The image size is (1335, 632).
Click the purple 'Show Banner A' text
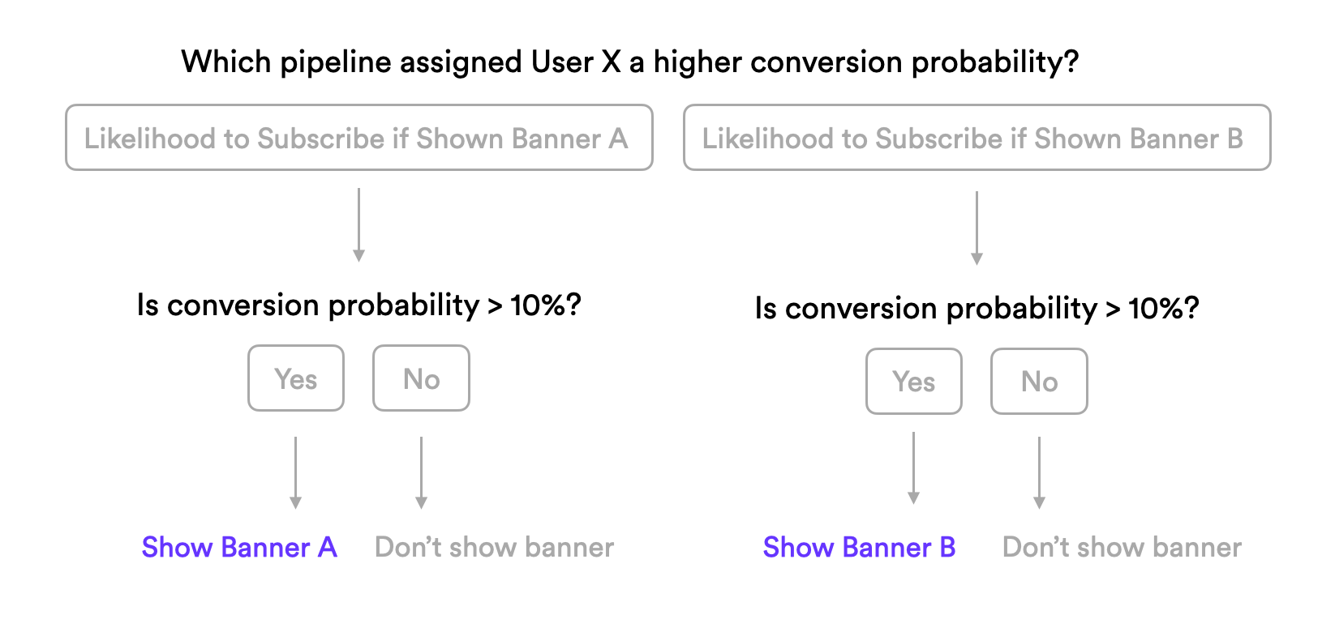coord(239,547)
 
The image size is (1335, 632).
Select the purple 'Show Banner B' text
coord(860,547)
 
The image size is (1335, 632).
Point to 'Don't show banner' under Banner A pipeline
coord(494,547)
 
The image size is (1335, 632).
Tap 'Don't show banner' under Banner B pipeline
coord(1123,547)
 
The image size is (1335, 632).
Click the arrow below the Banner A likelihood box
coord(358,225)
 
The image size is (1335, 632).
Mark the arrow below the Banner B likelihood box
coord(977,228)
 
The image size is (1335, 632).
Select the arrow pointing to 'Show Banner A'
coord(295,473)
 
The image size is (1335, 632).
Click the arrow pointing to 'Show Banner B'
coord(913,468)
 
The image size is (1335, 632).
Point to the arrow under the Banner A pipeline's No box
coord(422,473)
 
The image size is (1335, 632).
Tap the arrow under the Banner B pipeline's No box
coord(1040,473)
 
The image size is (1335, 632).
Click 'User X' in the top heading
coord(577,62)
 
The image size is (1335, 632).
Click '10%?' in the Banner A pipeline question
coord(546,305)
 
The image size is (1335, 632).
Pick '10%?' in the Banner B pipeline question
coord(1164,308)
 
